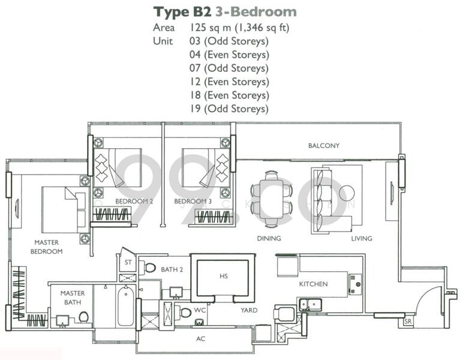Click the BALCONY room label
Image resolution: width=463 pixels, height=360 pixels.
coord(324,146)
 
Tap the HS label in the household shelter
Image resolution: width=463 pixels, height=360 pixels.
coord(224,276)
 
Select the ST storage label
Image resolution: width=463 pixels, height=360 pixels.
coord(128,262)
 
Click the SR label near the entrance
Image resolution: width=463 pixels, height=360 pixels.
coord(408,322)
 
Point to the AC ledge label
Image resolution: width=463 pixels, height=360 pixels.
coord(200,339)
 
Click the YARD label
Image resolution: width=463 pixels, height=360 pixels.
coord(249,310)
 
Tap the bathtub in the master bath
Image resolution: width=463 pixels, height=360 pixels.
coord(126,305)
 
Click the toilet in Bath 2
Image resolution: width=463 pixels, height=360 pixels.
coord(150,268)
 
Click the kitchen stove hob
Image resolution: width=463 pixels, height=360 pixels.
coord(354,284)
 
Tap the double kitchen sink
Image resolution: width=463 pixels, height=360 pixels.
coord(310,304)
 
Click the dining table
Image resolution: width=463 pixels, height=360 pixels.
coord(272,199)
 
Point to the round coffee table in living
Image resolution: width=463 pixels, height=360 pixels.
coord(347,193)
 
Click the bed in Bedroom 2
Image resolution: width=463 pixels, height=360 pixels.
coord(118,168)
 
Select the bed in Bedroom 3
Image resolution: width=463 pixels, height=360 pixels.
coord(206,168)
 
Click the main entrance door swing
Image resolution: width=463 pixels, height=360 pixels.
coord(429,298)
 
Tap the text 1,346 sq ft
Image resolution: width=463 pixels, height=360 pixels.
coord(262,28)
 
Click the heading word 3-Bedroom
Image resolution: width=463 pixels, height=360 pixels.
coord(256,12)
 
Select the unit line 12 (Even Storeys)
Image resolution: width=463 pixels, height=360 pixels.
coord(229,82)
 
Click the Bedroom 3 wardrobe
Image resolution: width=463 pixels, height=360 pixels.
coord(212,217)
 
